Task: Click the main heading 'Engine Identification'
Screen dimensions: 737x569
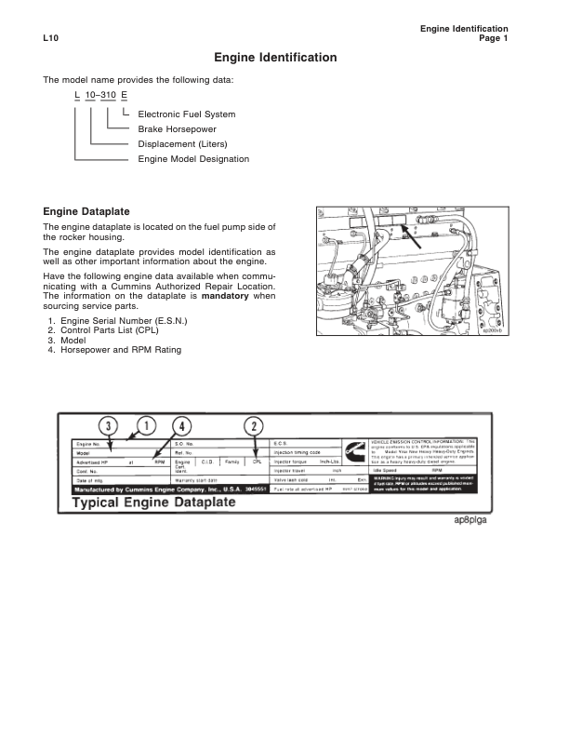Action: tap(275, 58)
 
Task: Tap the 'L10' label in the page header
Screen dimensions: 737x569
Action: tap(51, 38)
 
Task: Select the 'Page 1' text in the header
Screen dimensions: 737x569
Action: tap(493, 38)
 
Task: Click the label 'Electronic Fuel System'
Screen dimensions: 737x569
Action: tap(186, 114)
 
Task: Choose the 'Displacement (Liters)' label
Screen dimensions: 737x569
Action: tap(182, 144)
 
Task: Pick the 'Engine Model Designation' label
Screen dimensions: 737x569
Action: tap(193, 159)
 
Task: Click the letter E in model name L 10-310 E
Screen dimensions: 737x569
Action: tap(124, 97)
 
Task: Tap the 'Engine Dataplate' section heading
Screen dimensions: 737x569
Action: tap(86, 212)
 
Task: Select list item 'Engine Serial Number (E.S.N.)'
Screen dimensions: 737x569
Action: tap(123, 321)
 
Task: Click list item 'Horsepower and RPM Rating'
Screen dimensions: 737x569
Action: tap(120, 350)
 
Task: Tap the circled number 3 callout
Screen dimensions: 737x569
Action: tap(110, 426)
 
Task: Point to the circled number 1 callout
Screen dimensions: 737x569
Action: tap(146, 426)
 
